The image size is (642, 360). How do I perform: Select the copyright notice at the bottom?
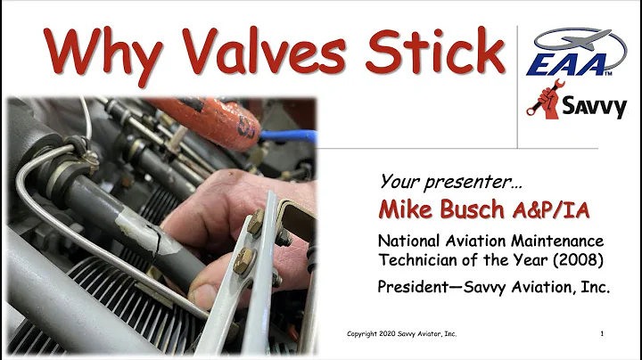coord(401,333)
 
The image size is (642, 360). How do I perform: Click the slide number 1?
coord(603,333)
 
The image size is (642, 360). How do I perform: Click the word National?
coord(410,241)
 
